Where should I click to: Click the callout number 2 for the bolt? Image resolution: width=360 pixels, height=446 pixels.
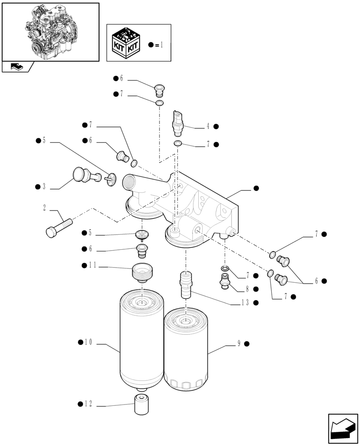point(45,207)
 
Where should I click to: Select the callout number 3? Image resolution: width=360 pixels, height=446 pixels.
point(44,186)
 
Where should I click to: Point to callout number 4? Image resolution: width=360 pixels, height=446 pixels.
point(208,127)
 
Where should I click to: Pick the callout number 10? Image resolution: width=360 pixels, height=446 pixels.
point(88,343)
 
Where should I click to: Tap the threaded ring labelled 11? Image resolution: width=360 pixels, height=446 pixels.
point(142,272)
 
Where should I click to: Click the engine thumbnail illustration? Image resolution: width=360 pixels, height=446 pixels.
point(50,31)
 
